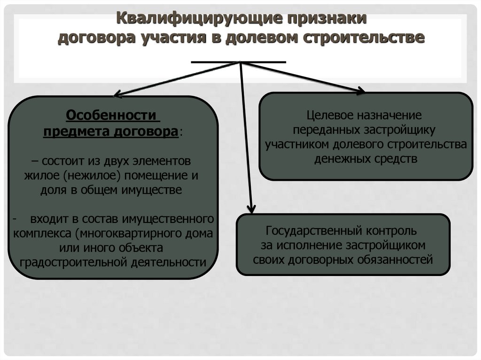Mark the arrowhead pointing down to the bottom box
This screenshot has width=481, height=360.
pos(252,208)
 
